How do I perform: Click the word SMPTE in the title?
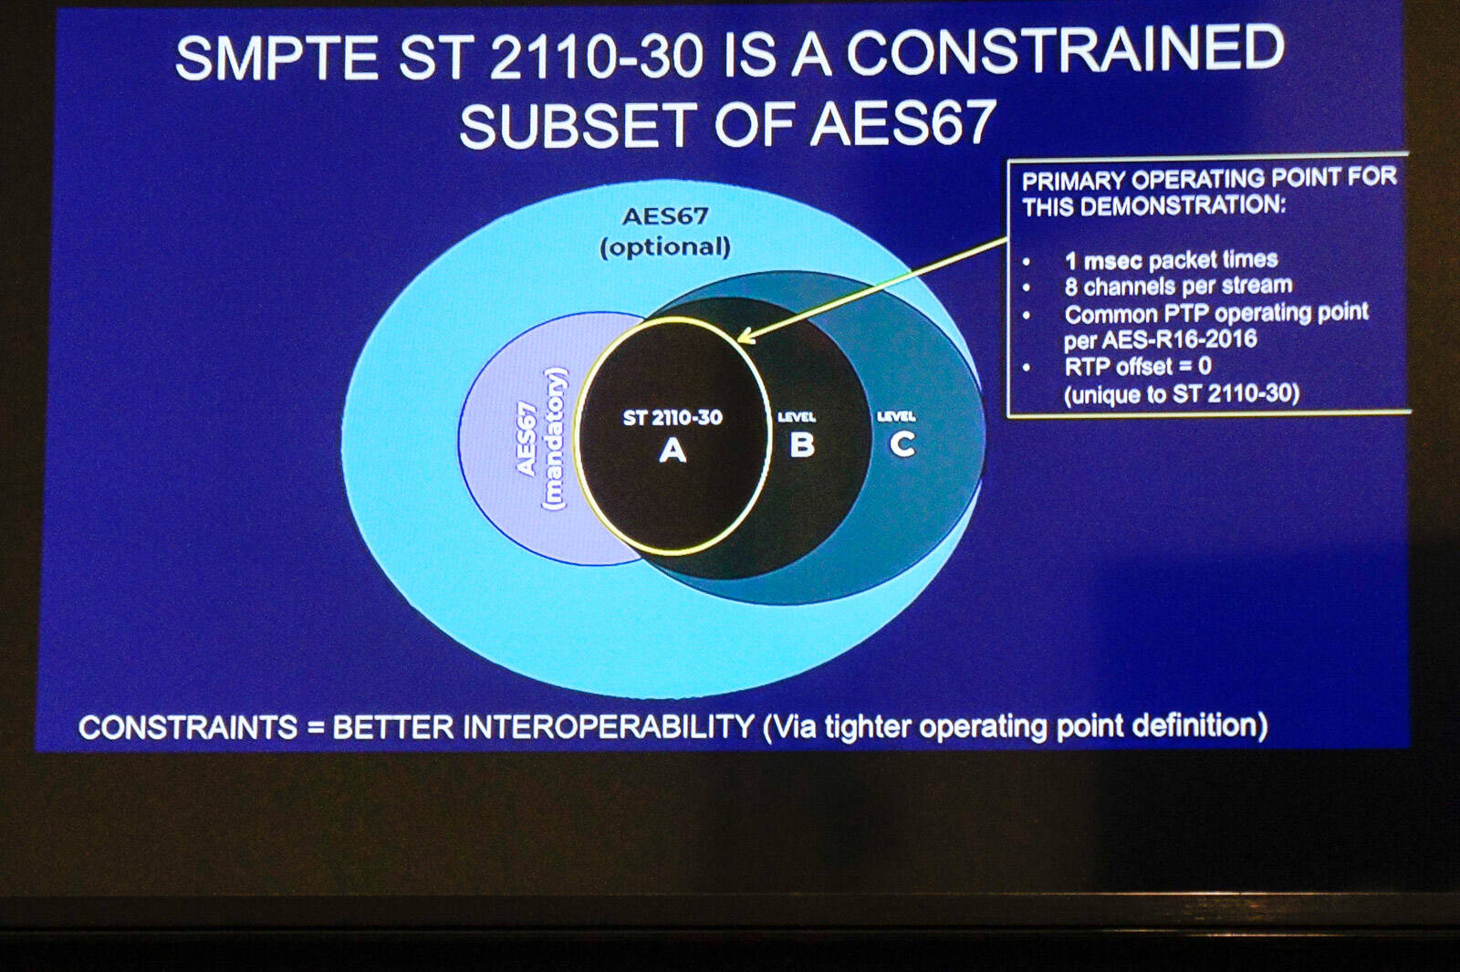277,57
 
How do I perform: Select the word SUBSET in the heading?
575,124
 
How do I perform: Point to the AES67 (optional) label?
665,232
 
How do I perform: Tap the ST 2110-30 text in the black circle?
673,417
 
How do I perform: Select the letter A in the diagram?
673,450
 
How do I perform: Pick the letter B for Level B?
802,445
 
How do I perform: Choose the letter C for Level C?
902,444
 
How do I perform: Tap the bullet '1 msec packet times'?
1171,260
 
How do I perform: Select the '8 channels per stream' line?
1178,286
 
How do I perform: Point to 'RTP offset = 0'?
1137,366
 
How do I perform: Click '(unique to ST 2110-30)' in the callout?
1182,393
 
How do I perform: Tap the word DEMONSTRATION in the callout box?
1183,206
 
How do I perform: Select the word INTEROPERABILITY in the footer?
609,726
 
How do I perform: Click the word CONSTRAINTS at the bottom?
188,726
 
